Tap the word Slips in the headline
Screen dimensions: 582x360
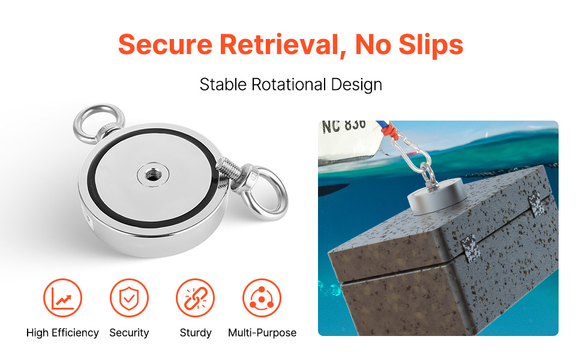coord(431,45)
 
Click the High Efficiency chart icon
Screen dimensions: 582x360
coord(62,298)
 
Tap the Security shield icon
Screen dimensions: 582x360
coord(129,298)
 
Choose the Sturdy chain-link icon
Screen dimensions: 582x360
coord(195,298)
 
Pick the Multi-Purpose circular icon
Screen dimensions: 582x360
coord(262,298)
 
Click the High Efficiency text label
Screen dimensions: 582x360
coord(62,333)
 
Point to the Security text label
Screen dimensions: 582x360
coord(129,333)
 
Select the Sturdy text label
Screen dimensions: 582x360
coord(196,333)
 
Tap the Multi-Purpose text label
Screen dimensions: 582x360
coord(262,333)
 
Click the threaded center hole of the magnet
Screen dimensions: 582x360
coord(152,174)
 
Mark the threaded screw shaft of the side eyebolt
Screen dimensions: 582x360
coord(229,170)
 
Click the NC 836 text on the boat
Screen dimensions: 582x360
coord(344,126)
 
